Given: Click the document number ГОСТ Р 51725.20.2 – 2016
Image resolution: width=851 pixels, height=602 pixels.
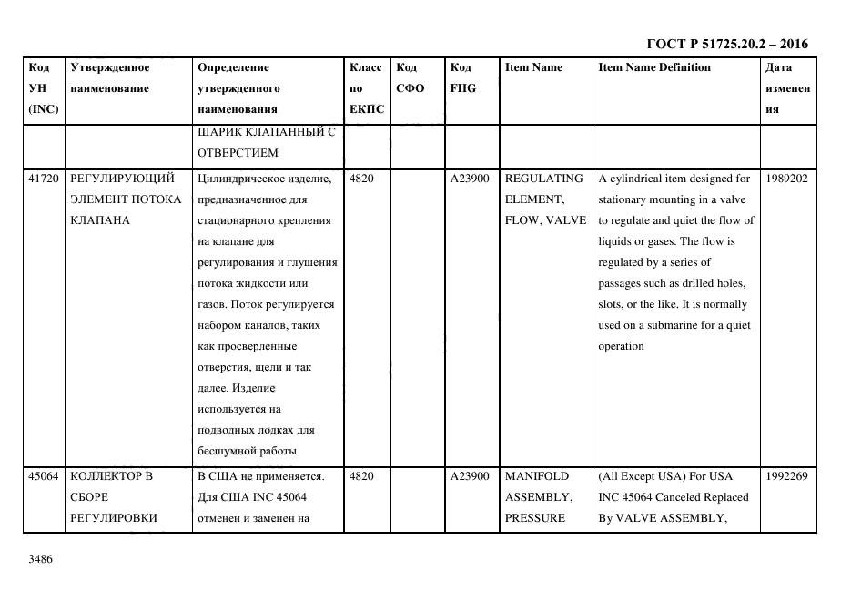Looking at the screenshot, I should pyautogui.click(x=726, y=44).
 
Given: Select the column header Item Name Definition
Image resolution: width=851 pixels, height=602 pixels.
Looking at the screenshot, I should pyautogui.click(x=654, y=67).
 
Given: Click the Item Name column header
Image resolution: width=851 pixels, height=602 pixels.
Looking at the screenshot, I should pyautogui.click(x=533, y=67).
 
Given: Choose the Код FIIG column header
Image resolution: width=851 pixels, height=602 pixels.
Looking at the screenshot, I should pyautogui.click(x=462, y=77).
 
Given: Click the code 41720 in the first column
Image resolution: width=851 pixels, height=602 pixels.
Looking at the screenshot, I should pyautogui.click(x=44, y=179).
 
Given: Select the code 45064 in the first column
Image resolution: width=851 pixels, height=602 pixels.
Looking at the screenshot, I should pyautogui.click(x=44, y=476).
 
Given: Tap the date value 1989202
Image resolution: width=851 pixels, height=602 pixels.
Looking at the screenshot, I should pyautogui.click(x=787, y=179).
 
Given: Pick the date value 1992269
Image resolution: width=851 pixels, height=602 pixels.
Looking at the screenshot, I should pyautogui.click(x=787, y=476).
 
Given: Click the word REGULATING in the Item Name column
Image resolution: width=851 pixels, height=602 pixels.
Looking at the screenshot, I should pyautogui.click(x=543, y=179).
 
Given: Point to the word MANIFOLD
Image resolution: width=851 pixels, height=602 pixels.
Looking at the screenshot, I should pyautogui.click(x=536, y=476).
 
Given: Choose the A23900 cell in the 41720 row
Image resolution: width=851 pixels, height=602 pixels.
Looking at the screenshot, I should pyautogui.click(x=470, y=179).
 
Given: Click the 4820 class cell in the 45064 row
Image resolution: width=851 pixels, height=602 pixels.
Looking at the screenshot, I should pyautogui.click(x=361, y=476).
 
